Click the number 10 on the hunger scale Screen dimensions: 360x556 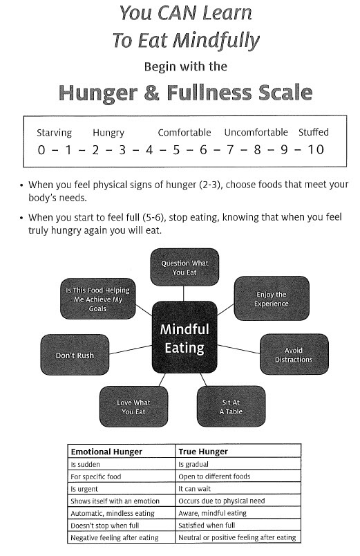(x=315, y=149)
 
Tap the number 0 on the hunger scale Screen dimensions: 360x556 (x=41, y=150)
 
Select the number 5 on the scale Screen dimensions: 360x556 (x=176, y=150)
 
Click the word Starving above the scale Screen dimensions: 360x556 (x=54, y=133)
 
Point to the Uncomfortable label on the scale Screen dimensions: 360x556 (x=256, y=132)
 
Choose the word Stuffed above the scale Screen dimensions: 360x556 (x=313, y=132)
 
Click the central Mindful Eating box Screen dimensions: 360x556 (x=184, y=337)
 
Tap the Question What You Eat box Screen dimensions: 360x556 (x=184, y=268)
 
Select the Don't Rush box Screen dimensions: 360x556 (x=75, y=355)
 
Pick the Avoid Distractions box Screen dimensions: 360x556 (x=294, y=354)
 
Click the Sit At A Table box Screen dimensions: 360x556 (x=231, y=407)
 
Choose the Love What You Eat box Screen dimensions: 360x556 (x=133, y=407)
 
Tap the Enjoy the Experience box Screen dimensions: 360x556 (x=272, y=299)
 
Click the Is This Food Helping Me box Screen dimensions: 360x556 (x=98, y=299)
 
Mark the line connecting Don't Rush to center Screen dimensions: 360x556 (x=131, y=350)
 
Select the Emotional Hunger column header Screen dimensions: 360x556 (x=106, y=452)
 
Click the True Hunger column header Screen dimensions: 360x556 (x=203, y=452)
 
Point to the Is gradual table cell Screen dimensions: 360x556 (x=193, y=464)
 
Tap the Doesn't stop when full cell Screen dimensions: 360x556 (x=104, y=526)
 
